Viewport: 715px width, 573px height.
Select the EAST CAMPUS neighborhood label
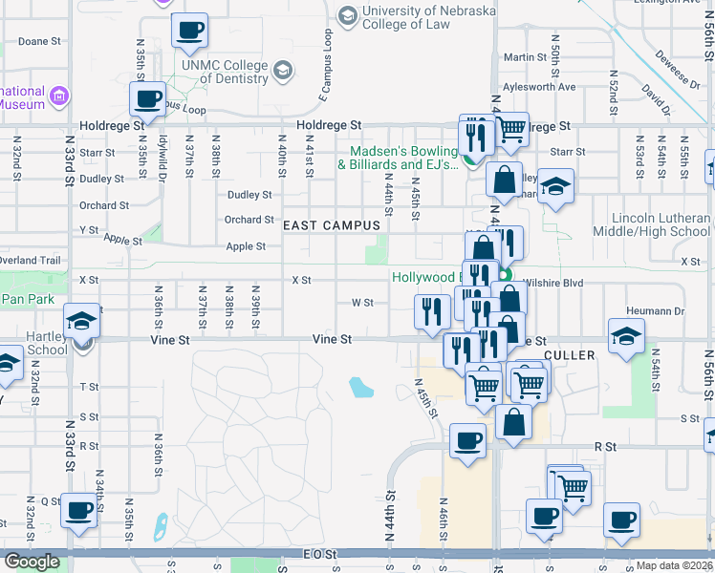pyautogui.click(x=332, y=225)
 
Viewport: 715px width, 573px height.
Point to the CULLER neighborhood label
pyautogui.click(x=570, y=355)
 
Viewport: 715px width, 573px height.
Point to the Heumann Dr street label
pyautogui.click(x=657, y=311)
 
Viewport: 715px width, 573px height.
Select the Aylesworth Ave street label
pyautogui.click(x=540, y=87)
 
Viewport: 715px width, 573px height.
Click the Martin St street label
pyautogui.click(x=525, y=57)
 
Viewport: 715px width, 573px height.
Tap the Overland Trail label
pyautogui.click(x=31, y=260)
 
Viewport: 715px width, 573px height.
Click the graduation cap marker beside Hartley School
pyautogui.click(x=82, y=322)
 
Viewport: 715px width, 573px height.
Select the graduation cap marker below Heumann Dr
pyautogui.click(x=626, y=336)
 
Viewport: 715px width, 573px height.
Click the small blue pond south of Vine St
pyautogui.click(x=361, y=387)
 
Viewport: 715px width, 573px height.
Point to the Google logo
pyautogui.click(x=32, y=562)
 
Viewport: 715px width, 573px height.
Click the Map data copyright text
pyautogui.click(x=675, y=565)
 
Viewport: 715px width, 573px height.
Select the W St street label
pyautogui.click(x=362, y=303)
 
